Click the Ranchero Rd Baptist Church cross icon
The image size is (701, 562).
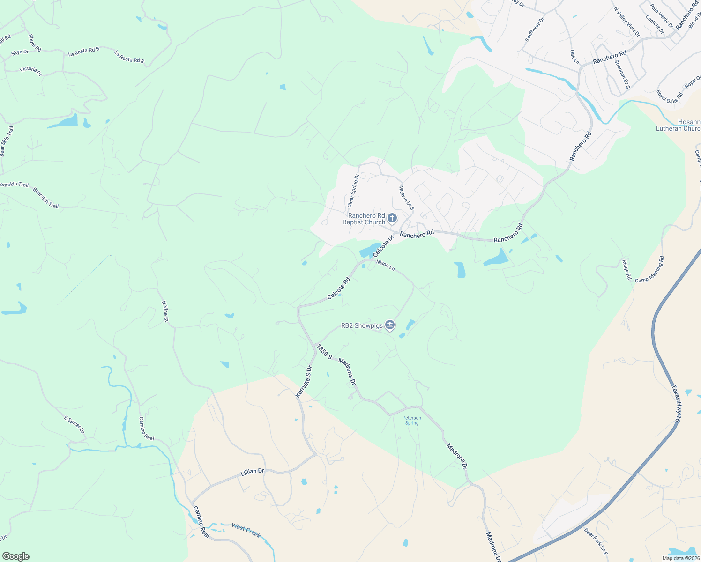coord(392,218)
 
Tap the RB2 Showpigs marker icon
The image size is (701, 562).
coord(390,325)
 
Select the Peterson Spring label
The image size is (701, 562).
coord(412,420)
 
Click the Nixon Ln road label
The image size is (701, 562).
coord(386,266)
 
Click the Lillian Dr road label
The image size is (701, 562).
coord(253,472)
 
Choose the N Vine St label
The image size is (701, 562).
coord(165,311)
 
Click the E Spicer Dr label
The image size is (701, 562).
coord(74,424)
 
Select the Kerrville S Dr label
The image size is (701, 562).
coord(304,382)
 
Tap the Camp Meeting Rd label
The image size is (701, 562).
coord(649,269)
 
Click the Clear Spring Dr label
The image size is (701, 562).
coord(353,191)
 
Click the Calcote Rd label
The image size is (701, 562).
coord(339,288)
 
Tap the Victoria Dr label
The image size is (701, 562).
coord(30,71)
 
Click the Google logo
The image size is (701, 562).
coord(15,556)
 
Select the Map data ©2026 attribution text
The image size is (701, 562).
coord(680,558)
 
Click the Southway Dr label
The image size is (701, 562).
coord(535,30)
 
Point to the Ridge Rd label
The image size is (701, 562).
coord(626,270)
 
